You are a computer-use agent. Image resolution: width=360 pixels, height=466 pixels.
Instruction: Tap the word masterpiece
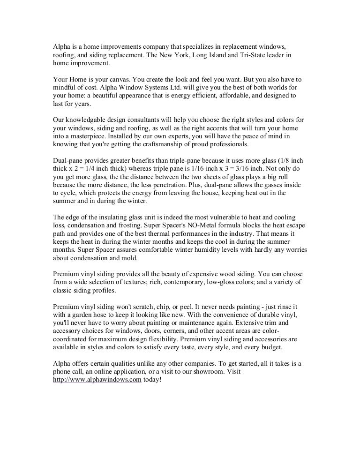point(88,136)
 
